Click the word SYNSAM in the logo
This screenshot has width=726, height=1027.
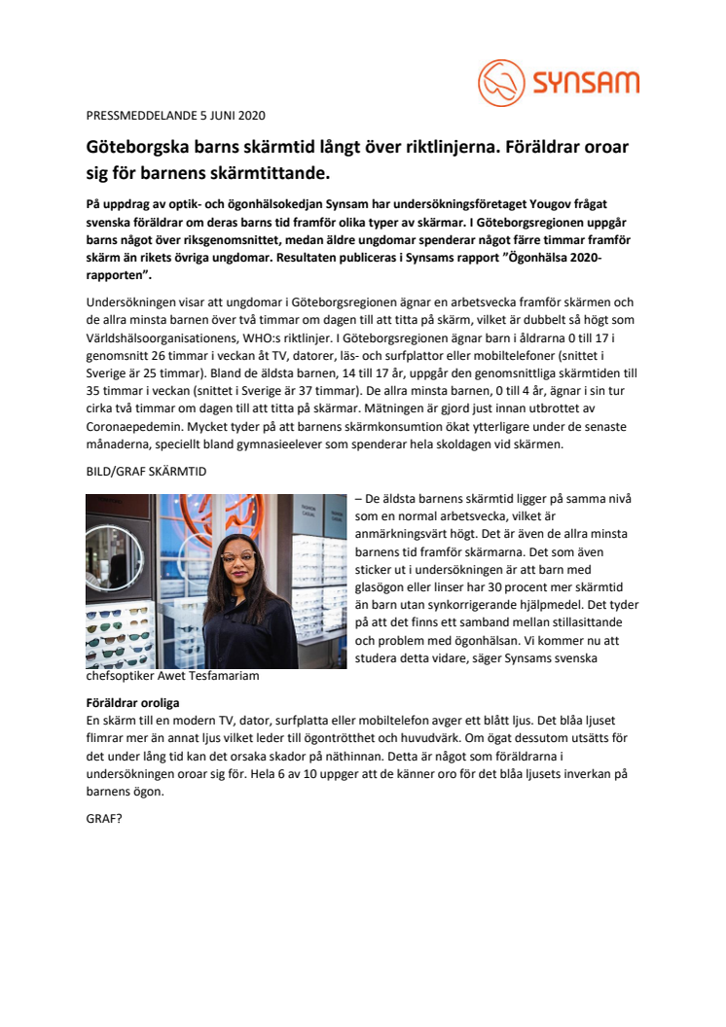pyautogui.click(x=585, y=83)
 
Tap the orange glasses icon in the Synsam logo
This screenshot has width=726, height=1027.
pyautogui.click(x=500, y=83)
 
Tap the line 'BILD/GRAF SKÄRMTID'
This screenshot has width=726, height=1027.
pyautogui.click(x=145, y=472)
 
